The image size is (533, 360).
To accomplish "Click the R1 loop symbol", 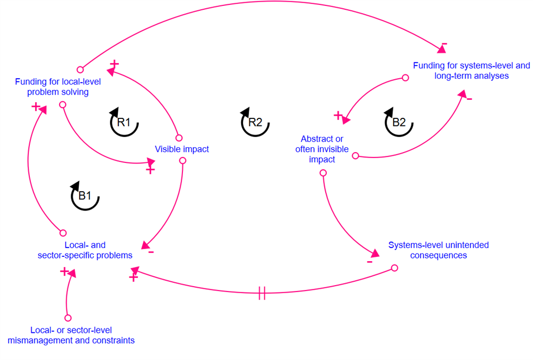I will pyautogui.click(x=124, y=123).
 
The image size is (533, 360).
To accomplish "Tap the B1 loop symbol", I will pyautogui.click(x=85, y=196).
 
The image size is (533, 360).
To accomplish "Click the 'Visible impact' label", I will pyautogui.click(x=182, y=149).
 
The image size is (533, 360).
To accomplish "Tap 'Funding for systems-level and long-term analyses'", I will pyautogui.click(x=471, y=71).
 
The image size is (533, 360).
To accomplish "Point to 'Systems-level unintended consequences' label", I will pyautogui.click(x=439, y=250).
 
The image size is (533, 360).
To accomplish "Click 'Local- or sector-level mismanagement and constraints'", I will pyautogui.click(x=71, y=335).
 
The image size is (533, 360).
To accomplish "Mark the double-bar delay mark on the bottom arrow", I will pyautogui.click(x=262, y=295).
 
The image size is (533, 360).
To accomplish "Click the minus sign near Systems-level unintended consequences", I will pyautogui.click(x=370, y=262).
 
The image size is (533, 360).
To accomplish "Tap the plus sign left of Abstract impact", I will pyautogui.click(x=338, y=115).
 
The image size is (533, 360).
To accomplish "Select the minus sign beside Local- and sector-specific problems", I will pyautogui.click(x=151, y=252).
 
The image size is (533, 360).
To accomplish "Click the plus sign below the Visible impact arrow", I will pyautogui.click(x=150, y=170).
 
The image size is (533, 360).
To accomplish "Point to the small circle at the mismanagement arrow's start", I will pyautogui.click(x=68, y=318).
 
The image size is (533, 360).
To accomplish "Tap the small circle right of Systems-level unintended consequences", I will pyautogui.click(x=395, y=268).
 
